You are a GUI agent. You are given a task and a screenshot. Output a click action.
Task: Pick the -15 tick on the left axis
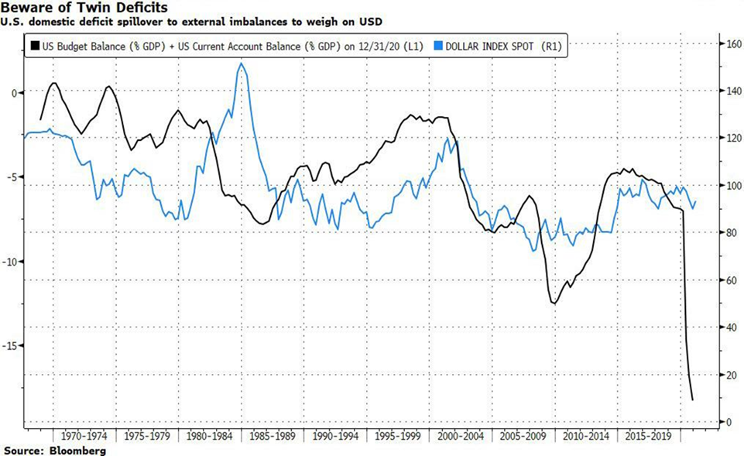tap(12, 346)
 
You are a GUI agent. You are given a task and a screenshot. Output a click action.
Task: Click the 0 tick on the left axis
tap(14, 93)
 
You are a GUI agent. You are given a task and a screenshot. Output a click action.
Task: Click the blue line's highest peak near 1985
tap(241, 63)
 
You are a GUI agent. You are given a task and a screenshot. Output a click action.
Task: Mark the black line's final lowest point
tap(692, 400)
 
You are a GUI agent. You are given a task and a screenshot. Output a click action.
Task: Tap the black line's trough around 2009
tap(554, 303)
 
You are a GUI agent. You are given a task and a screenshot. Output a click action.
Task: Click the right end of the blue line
tap(696, 201)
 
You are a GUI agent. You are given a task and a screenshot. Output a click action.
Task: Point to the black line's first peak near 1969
tap(53, 83)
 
